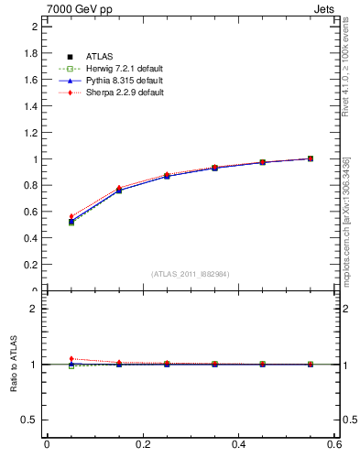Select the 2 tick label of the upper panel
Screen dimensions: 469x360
[34, 27]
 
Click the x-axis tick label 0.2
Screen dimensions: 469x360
[142, 444]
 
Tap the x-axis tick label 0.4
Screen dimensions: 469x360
[238, 444]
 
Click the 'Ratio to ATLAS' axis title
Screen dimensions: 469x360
[13, 364]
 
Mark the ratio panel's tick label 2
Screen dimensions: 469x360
[34, 309]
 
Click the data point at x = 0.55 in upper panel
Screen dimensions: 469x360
[311, 158]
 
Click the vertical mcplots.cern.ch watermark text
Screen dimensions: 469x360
[346, 229]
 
